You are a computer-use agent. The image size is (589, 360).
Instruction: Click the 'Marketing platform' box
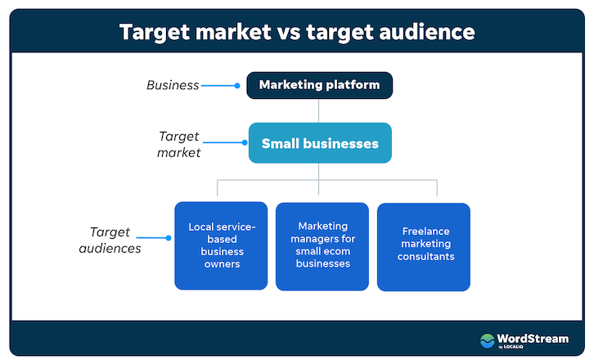point(319,84)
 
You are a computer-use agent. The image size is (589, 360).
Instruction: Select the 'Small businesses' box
point(320,143)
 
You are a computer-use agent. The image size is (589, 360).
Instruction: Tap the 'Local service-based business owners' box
point(221,245)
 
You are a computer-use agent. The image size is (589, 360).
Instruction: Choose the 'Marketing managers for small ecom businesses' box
point(322,245)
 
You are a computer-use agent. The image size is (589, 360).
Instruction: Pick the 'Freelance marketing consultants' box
point(424,245)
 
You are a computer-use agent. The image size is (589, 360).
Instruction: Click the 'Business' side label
point(173,84)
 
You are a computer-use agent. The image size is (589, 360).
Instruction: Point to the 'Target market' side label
point(178,143)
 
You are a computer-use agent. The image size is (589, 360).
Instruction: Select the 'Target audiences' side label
point(115,240)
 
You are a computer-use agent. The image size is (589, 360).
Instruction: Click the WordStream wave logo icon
point(488,340)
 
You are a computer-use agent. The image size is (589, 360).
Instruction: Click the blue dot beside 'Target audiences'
point(169,239)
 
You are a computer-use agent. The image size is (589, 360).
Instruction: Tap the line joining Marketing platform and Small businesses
point(319,110)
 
